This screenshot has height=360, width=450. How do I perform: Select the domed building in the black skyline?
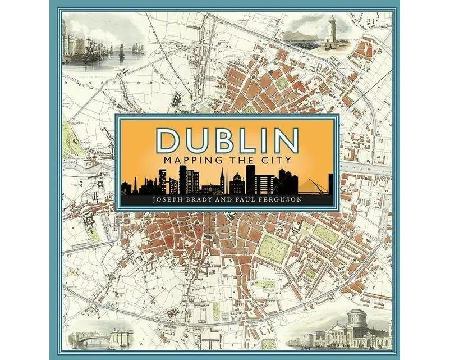tap(236, 183)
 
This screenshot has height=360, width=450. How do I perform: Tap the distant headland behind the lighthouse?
tap(303, 35)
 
